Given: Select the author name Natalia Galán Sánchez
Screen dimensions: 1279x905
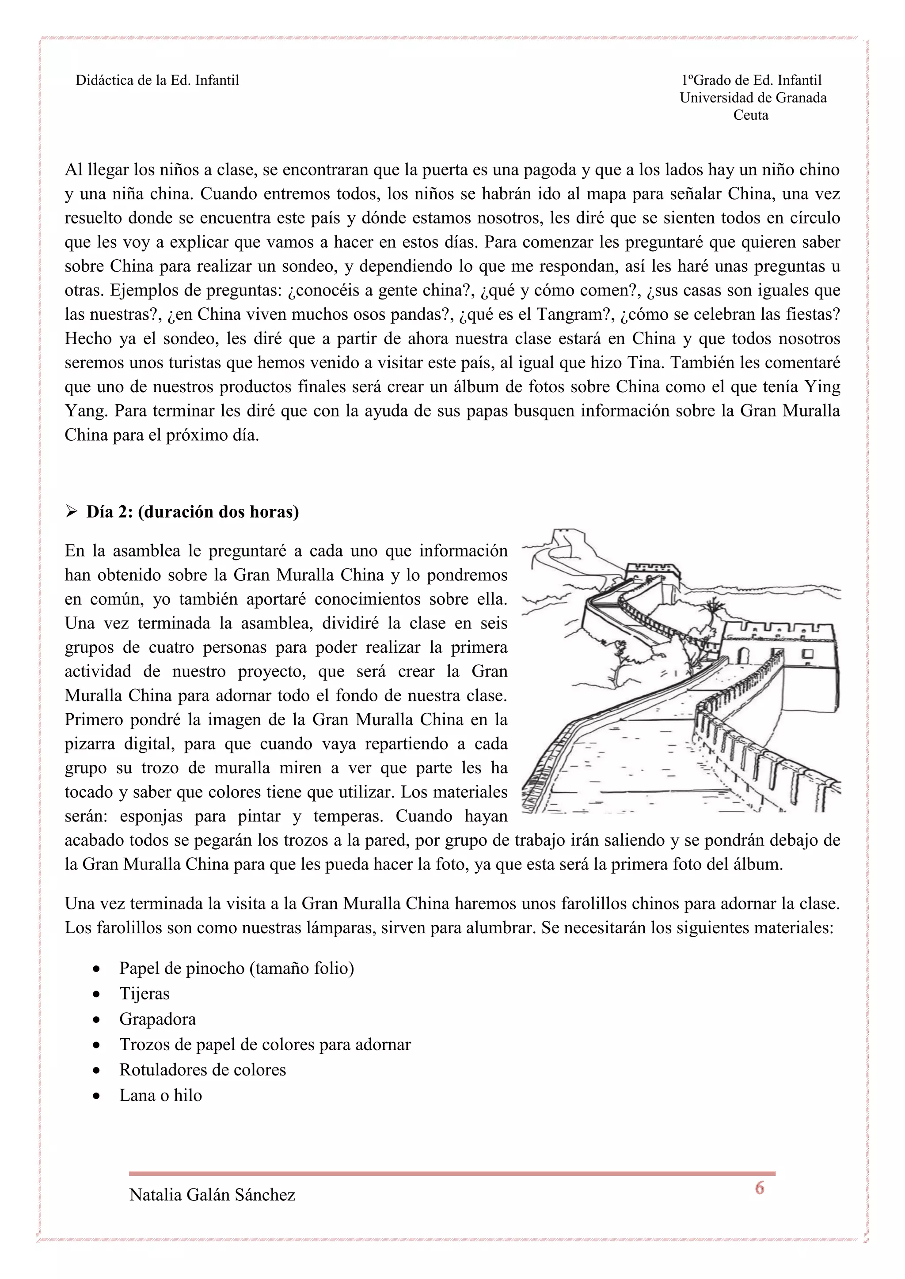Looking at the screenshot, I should click(x=212, y=1195).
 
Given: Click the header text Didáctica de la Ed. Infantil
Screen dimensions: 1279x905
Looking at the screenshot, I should click(x=157, y=80).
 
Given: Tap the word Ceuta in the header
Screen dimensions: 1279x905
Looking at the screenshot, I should click(x=751, y=115).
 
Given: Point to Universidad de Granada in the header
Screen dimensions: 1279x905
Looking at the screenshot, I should click(x=753, y=98).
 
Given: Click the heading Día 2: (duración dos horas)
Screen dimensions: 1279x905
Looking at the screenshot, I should click(x=192, y=512).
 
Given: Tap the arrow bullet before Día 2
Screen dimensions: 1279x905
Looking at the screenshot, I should click(x=71, y=512).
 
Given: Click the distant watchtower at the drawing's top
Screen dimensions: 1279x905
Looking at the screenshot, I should click(x=652, y=574).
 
